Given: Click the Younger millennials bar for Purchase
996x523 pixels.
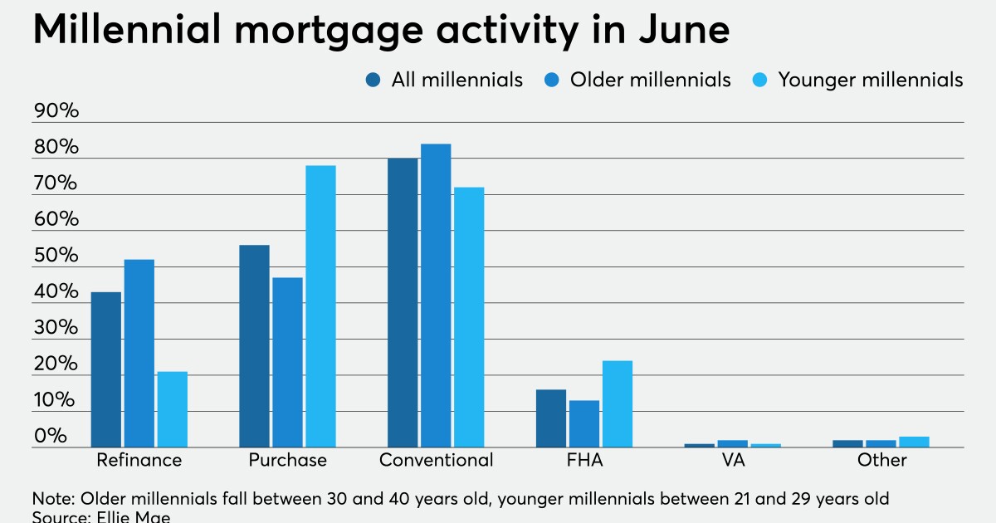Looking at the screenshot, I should click(x=320, y=306).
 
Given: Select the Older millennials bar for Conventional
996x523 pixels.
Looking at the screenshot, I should click(x=436, y=296).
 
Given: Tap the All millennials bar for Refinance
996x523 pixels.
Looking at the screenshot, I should click(x=105, y=369).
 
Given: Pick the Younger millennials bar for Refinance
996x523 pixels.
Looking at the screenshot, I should click(x=172, y=409).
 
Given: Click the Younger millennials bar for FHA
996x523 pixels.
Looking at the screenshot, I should click(x=618, y=403).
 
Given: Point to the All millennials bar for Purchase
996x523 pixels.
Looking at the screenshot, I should click(x=254, y=346).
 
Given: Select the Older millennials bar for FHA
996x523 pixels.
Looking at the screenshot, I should click(x=584, y=423).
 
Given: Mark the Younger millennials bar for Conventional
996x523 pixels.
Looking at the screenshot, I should click(x=469, y=317).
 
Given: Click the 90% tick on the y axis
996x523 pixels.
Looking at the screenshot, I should click(x=56, y=112).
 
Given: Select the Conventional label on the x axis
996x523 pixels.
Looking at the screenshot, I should click(x=436, y=460).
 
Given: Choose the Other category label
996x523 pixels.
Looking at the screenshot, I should click(x=882, y=460).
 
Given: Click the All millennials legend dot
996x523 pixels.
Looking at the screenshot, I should click(x=373, y=80).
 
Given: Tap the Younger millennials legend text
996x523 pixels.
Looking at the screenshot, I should click(x=870, y=80).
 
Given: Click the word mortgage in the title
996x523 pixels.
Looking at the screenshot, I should click(x=318, y=32).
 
